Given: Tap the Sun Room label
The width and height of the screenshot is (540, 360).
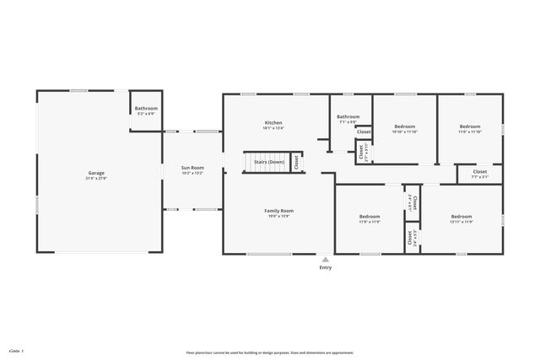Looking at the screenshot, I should click(192, 168).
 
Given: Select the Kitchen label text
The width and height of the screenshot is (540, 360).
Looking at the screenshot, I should click(273, 123).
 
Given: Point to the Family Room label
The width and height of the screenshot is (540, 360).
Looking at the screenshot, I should click(278, 211).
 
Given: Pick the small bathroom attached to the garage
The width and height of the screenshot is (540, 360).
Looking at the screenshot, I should click(146, 111).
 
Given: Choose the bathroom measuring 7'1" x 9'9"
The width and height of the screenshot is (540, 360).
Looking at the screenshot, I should click(348, 120).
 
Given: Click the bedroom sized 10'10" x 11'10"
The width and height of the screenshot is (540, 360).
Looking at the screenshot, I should click(405, 128).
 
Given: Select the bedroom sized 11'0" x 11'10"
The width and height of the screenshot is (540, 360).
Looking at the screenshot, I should click(469, 128).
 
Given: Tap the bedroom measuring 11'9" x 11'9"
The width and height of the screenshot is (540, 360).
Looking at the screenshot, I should click(370, 218).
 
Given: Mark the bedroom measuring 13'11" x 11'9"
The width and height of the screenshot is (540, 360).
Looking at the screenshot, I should click(461, 218).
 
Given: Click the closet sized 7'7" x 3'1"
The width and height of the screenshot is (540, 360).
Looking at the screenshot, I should click(479, 175).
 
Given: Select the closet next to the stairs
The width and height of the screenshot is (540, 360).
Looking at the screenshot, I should click(297, 162).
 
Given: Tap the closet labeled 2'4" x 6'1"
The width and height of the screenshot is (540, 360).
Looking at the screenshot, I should click(413, 202).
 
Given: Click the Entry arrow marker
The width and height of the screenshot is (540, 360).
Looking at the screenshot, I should click(325, 259).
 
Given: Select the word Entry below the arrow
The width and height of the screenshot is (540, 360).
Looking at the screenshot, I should click(325, 268).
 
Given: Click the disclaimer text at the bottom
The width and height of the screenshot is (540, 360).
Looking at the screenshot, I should click(270, 352).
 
